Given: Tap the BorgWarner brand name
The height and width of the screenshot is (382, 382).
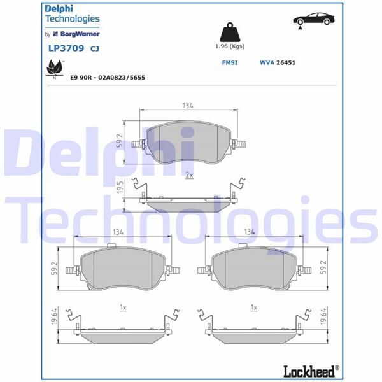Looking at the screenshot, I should [81, 34].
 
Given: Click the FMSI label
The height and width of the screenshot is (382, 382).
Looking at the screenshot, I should [229, 63].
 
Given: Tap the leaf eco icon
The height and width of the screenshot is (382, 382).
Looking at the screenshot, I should [53, 66].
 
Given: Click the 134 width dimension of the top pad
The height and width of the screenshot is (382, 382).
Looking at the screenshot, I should [187, 106].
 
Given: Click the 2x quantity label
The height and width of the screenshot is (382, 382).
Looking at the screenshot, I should [188, 174].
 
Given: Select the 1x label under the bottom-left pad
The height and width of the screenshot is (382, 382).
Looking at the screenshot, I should [123, 307].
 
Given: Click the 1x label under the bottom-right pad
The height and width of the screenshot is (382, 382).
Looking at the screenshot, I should [253, 307].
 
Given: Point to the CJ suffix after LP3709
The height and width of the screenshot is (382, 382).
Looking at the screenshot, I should [94, 48].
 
